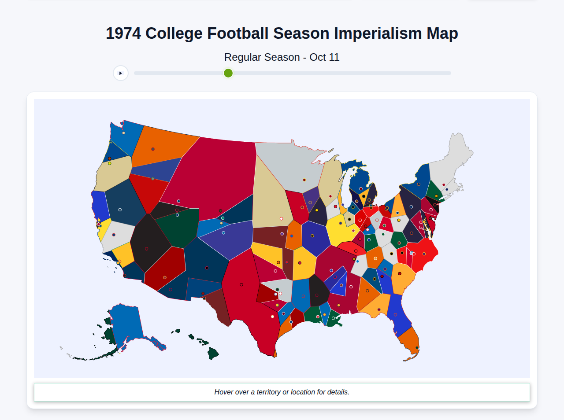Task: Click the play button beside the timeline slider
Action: [x=121, y=73]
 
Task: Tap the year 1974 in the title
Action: [x=123, y=33]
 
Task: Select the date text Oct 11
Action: [x=324, y=57]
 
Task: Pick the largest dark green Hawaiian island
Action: [x=213, y=353]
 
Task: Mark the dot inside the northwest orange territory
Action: [x=153, y=149]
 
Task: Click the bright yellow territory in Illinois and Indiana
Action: [x=341, y=231]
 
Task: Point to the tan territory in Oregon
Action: [x=112, y=174]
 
